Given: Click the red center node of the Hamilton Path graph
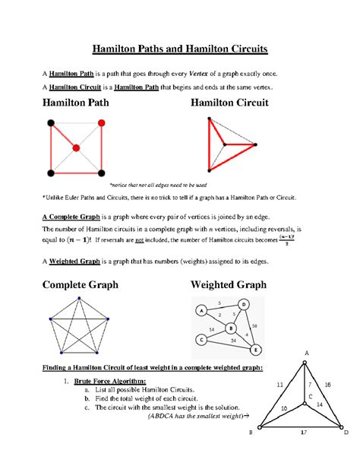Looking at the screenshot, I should point(76,147).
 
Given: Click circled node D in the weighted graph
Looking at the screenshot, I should point(243,305).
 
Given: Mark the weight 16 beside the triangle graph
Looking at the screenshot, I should point(327,385).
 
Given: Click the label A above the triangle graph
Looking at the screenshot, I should point(308,353).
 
